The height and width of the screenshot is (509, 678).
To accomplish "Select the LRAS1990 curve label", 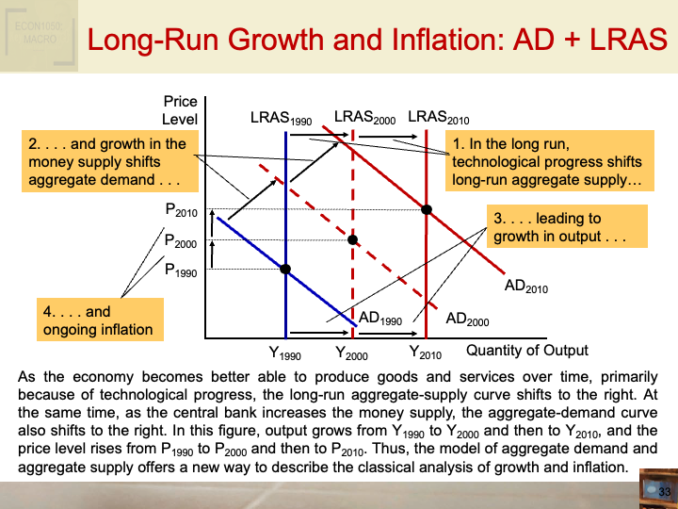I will pos(280,120).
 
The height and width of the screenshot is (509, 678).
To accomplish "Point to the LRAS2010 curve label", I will pos(438,118).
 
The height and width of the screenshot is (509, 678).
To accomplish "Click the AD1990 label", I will pos(380,319).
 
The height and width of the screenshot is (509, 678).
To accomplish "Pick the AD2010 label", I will pos(525,286).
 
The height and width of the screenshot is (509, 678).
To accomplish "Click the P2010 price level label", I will pos(181,211).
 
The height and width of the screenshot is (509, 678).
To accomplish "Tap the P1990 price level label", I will pos(181,271).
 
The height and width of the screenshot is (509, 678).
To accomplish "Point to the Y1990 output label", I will pos(284,354).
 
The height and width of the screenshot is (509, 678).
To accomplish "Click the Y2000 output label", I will pos(351,354).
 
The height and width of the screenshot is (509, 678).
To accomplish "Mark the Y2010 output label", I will pos(425,353).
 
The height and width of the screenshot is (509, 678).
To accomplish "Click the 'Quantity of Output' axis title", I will pos(527,351).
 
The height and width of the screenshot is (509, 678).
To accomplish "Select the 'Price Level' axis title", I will pos(180,110).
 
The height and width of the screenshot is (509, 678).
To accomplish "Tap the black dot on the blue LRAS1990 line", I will pos(285,269).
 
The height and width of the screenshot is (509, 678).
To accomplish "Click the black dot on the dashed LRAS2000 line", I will pos(353,240).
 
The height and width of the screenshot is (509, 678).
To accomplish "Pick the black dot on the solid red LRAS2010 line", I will pos(427,208).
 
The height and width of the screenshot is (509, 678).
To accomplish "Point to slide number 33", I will pos(664,492).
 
